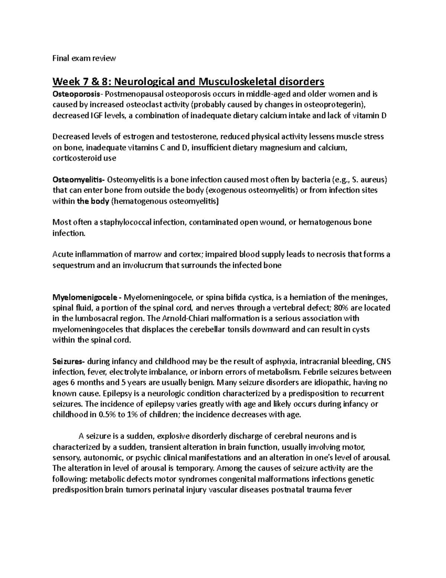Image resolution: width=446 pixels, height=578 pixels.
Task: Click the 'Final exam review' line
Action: (84, 58)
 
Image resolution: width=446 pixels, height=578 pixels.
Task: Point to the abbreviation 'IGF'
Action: (95, 116)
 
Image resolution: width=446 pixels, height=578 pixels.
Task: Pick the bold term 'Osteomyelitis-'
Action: (79, 180)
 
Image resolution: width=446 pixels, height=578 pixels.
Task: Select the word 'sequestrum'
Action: (71, 265)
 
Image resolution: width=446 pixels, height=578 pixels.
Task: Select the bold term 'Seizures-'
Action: (69, 361)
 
